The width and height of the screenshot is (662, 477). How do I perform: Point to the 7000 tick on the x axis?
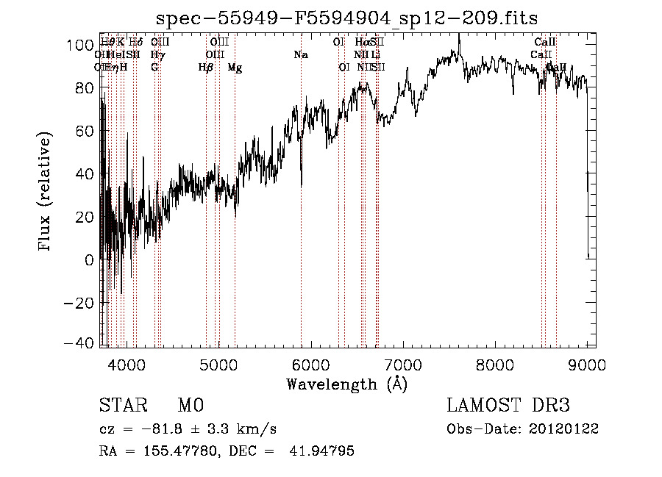click(x=403, y=362)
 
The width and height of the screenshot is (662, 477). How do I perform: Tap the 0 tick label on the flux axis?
click(x=90, y=260)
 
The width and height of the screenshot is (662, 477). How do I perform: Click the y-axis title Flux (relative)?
click(x=46, y=193)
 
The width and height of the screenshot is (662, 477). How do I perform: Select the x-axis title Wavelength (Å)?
click(x=346, y=384)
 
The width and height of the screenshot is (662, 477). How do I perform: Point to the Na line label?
click(x=300, y=55)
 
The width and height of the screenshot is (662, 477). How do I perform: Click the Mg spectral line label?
click(x=235, y=68)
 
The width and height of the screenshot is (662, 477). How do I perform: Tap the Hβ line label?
click(x=206, y=68)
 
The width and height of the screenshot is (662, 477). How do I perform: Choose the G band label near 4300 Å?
click(x=154, y=68)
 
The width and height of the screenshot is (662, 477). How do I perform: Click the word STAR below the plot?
click(x=121, y=405)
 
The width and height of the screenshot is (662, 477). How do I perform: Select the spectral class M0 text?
click(x=190, y=405)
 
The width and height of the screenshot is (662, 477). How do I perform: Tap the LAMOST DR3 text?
click(x=508, y=405)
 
